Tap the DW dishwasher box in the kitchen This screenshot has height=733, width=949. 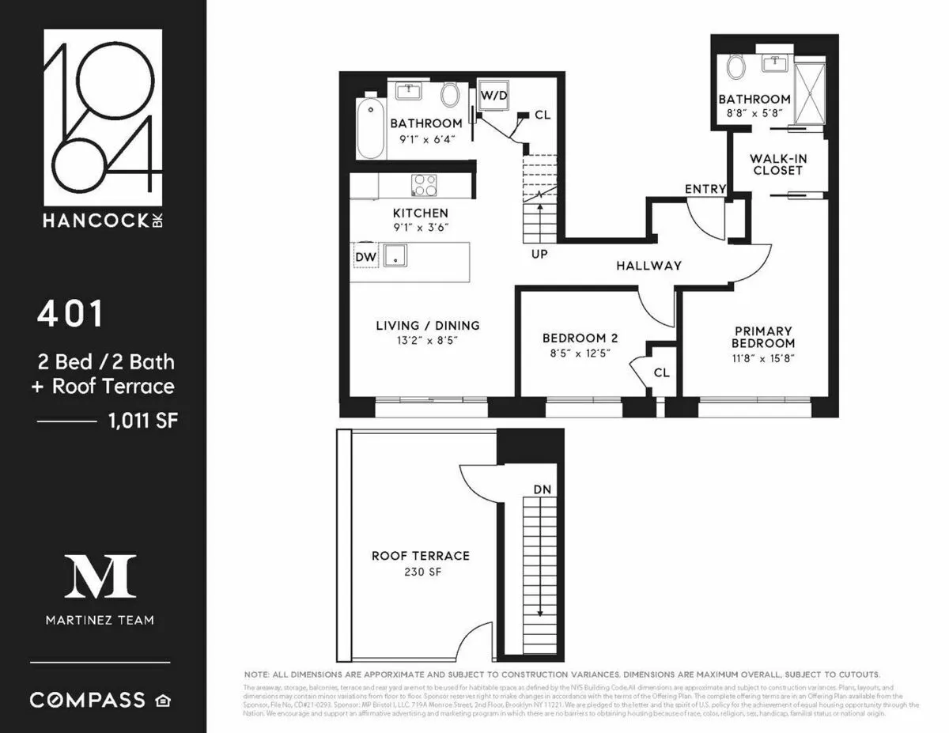(365, 256)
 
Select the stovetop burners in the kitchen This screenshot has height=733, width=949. (424, 185)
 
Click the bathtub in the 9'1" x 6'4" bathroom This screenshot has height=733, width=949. (369, 128)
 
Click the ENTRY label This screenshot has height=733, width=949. (705, 189)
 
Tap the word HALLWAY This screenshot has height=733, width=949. (648, 266)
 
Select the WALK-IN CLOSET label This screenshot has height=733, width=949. (779, 164)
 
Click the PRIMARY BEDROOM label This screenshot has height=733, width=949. (762, 337)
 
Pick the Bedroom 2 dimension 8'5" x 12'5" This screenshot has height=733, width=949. (580, 353)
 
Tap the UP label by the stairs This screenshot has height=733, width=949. (540, 255)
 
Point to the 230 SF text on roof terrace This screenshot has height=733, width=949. (421, 571)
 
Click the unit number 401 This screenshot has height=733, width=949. (70, 314)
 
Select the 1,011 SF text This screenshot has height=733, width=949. (143, 421)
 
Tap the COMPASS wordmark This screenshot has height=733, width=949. (88, 700)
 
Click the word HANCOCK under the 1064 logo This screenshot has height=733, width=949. (94, 221)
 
